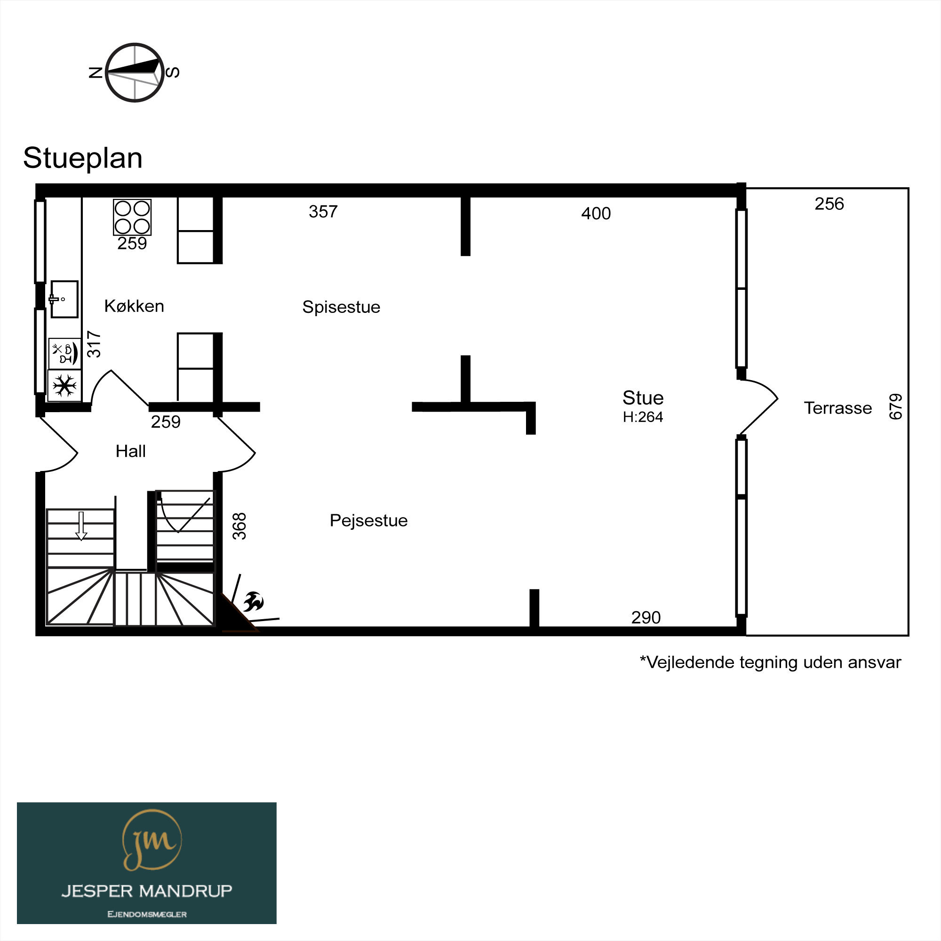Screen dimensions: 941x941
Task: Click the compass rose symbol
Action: (135, 72)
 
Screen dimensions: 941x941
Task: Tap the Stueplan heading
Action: (83, 158)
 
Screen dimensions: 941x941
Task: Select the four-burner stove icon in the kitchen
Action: (132, 217)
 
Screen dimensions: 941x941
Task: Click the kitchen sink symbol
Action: (64, 299)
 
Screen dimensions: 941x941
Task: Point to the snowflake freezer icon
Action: (65, 385)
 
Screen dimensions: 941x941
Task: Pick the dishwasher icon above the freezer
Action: (65, 353)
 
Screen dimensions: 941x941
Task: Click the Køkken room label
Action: (134, 306)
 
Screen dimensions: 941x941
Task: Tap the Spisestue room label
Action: (341, 307)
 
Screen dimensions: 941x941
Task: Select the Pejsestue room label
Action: (369, 521)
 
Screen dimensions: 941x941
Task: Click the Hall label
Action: (130, 451)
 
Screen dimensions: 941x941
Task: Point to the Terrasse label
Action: (838, 408)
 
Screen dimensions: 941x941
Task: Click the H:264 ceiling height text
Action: (643, 417)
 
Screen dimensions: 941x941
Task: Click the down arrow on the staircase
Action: (81, 526)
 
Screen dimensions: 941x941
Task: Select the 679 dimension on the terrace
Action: (896, 407)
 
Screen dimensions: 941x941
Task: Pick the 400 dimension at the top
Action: (596, 213)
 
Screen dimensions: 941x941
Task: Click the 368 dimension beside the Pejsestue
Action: (239, 526)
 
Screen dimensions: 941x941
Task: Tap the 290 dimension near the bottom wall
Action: (646, 617)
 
